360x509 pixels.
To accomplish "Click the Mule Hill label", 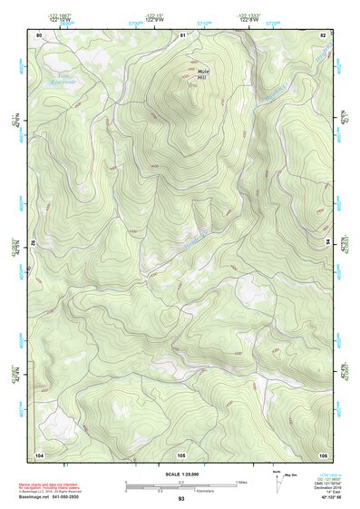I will [202, 73].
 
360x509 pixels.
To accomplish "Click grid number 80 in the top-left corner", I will [39, 34].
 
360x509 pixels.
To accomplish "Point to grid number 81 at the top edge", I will [182, 34].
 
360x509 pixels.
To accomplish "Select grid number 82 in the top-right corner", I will [322, 34].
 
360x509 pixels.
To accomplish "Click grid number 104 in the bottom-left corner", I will [39, 453].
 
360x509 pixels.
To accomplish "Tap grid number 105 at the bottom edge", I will [181, 454].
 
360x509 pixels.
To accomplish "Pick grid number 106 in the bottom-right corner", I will [322, 453].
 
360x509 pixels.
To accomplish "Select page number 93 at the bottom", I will [181, 499].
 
